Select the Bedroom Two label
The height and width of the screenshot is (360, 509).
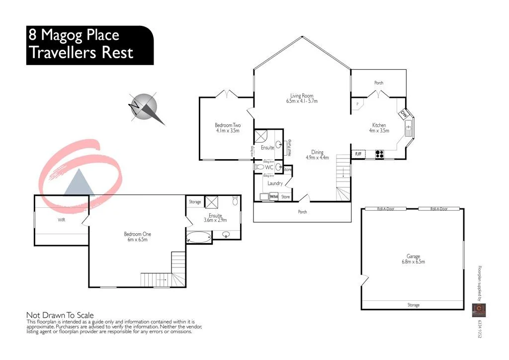click(228, 125)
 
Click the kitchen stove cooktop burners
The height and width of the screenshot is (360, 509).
click(380, 154)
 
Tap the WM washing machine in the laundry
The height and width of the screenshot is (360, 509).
click(273, 197)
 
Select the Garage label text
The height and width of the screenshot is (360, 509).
click(413, 257)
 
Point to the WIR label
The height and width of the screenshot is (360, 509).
click(62, 219)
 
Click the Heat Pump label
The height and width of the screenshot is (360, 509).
click(290, 148)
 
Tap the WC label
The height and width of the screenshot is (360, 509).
click(269, 168)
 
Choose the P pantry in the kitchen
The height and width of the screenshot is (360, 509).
click(357, 103)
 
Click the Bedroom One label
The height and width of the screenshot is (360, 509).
click(138, 234)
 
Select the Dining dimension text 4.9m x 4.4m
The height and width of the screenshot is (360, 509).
click(317, 158)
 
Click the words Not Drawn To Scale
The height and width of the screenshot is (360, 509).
click(59, 315)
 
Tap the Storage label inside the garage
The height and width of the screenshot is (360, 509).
click(413, 305)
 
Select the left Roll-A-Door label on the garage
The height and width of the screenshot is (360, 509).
click(385, 209)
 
